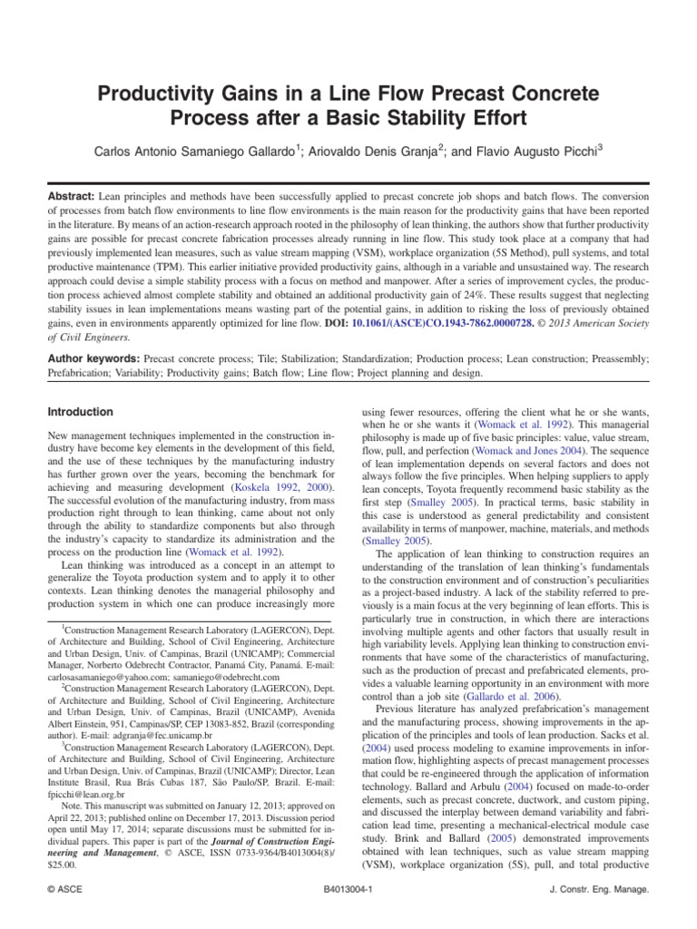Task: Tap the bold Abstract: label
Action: (x=75, y=196)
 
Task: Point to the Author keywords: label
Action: (x=93, y=359)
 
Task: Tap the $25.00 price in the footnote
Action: (x=63, y=865)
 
